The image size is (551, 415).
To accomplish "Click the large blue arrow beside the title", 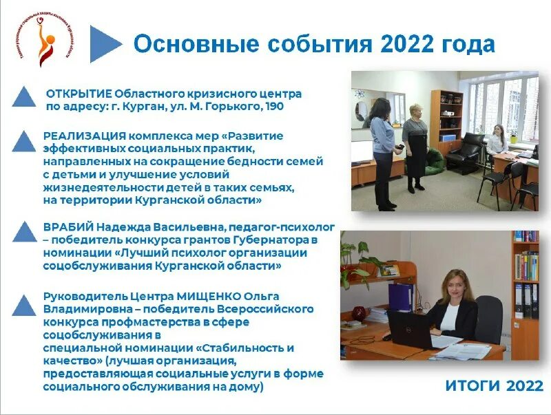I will pyautogui.click(x=105, y=44).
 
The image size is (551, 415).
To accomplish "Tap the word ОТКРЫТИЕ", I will pyautogui.click(x=78, y=93).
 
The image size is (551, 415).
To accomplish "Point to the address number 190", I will pyautogui.click(x=274, y=107).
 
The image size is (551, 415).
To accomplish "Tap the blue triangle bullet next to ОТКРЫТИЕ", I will pyautogui.click(x=25, y=97).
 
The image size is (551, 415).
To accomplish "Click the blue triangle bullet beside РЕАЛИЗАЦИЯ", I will pyautogui.click(x=25, y=141).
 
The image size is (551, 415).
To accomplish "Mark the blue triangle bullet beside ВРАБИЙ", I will pyautogui.click(x=25, y=231).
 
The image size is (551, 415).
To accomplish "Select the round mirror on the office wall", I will pyautogui.click(x=362, y=111).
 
